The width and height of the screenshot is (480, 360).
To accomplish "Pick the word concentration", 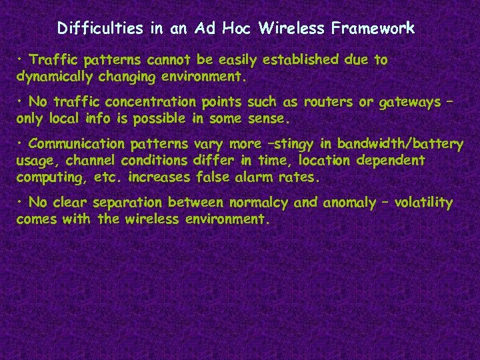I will tap(153, 103).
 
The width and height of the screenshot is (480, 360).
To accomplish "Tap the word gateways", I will tap(409, 103).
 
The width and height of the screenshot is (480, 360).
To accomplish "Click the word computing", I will tap(45, 178).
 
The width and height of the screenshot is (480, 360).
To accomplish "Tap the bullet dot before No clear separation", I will tap(21, 202).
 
